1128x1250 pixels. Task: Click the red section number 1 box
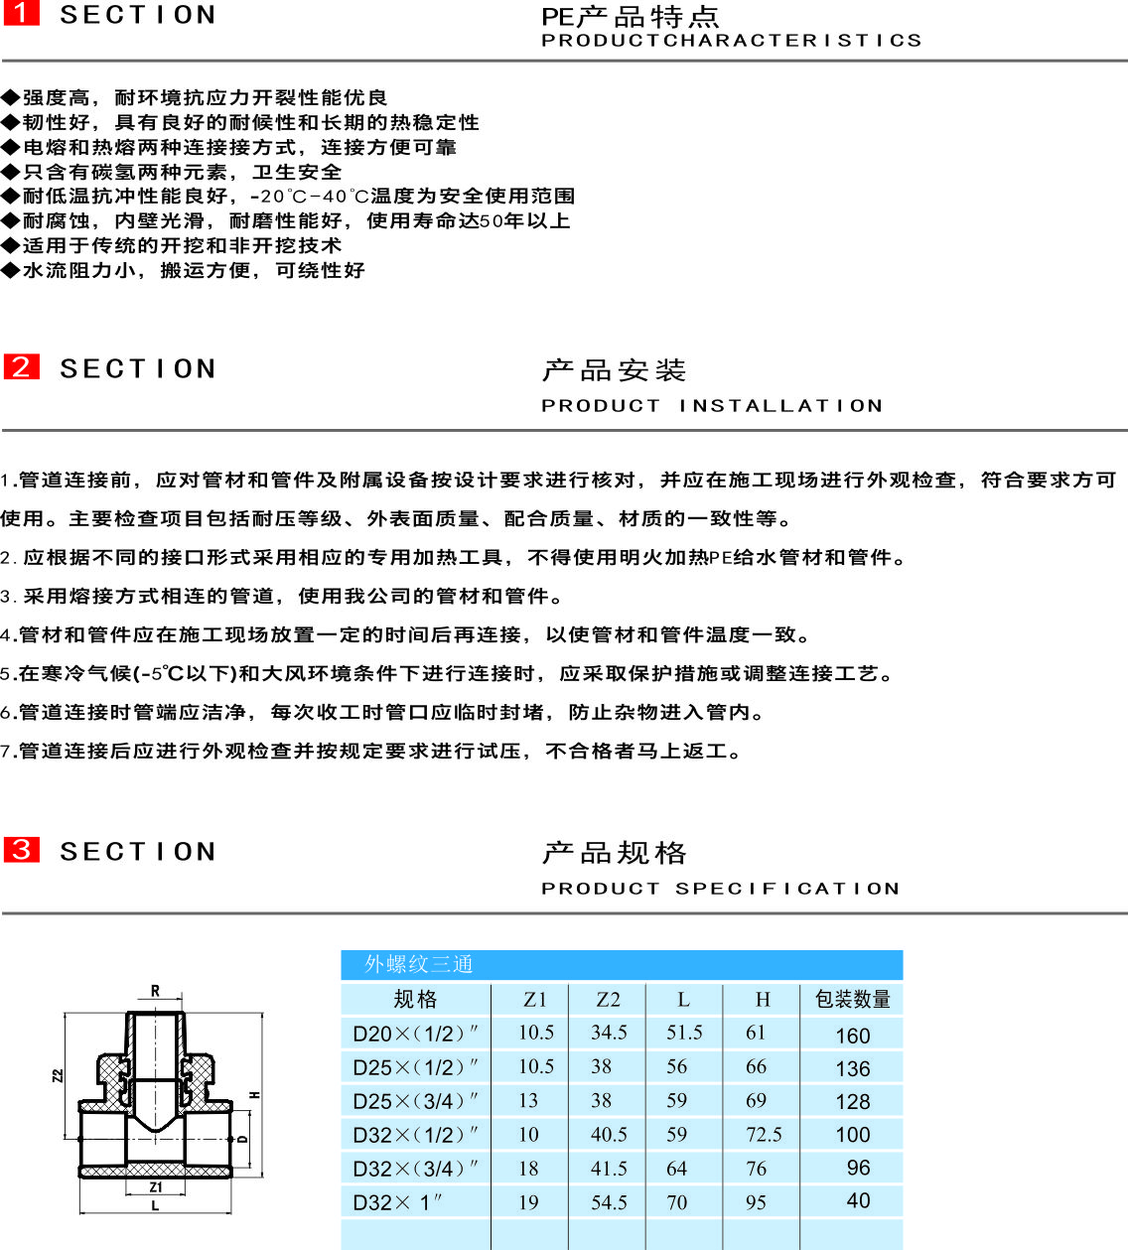(21, 13)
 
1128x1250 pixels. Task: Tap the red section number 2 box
(21, 366)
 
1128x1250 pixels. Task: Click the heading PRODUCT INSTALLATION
(711, 405)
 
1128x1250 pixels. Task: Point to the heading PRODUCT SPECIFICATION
(720, 888)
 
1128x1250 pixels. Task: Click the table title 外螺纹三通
(418, 964)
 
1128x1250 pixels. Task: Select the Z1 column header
(534, 999)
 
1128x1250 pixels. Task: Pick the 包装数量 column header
(852, 999)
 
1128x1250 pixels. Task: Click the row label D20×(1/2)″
(415, 1034)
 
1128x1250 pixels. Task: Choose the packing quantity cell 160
(852, 1036)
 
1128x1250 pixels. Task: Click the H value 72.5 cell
(764, 1135)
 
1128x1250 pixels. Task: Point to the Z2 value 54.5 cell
(609, 1202)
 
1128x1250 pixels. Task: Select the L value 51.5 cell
(684, 1033)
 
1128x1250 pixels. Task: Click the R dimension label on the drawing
(155, 991)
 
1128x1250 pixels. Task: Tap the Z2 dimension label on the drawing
(58, 1076)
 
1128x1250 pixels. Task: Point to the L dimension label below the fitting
(155, 1205)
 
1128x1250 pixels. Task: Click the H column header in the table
(763, 999)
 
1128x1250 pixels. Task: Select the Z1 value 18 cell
(528, 1169)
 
